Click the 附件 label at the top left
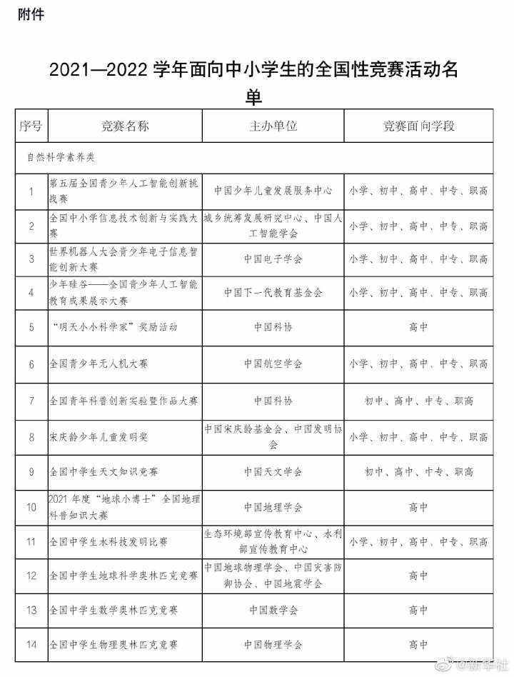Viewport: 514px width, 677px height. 31,14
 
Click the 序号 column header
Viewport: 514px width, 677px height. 31,126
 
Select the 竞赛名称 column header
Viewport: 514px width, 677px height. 125,126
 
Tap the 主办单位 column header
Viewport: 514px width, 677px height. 273,126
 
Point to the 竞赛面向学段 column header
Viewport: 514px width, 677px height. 418,126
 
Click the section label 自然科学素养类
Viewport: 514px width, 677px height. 57,155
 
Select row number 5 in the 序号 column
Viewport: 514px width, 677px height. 31,328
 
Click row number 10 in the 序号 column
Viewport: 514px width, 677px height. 31,508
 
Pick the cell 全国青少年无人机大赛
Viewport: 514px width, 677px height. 99,363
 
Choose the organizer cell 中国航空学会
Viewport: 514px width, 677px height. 273,363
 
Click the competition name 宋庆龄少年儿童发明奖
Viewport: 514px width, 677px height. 99,436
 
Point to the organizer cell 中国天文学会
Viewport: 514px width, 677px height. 273,471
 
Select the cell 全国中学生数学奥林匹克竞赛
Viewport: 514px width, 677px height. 114,611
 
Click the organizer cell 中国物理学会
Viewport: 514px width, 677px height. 273,645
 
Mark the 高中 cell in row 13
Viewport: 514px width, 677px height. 418,611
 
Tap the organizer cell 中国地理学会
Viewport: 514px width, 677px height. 273,508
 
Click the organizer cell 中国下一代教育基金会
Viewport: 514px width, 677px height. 273,293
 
